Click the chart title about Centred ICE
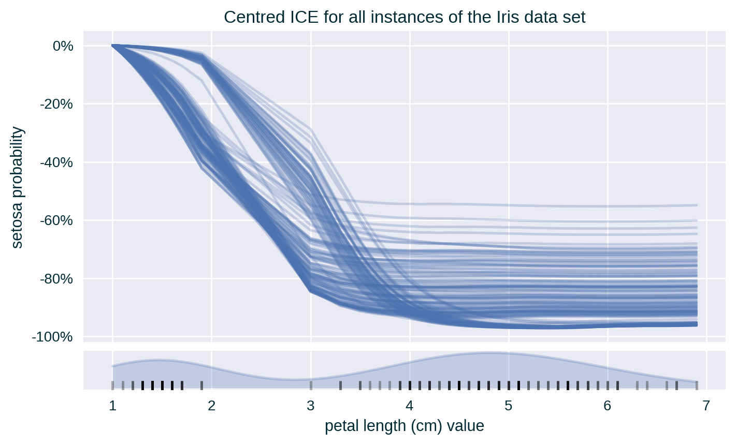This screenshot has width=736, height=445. click(x=405, y=18)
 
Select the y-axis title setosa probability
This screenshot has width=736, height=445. click(x=17, y=187)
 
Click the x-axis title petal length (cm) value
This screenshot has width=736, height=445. click(x=405, y=426)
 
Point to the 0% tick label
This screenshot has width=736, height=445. click(x=63, y=46)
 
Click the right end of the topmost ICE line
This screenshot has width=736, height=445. click(x=697, y=205)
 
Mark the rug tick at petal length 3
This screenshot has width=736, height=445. click(x=311, y=385)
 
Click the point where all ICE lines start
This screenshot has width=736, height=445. click(x=113, y=46)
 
